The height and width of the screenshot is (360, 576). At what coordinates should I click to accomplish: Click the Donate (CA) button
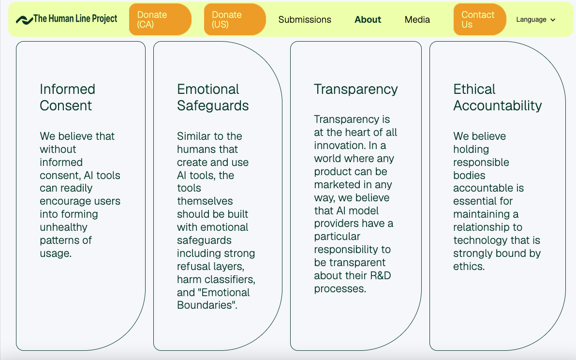pyautogui.click(x=160, y=19)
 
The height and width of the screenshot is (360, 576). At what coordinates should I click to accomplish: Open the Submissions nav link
pyautogui.click(x=305, y=19)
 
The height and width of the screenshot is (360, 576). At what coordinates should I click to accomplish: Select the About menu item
pyautogui.click(x=368, y=19)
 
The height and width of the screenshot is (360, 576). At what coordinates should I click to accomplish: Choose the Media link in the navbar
pyautogui.click(x=417, y=19)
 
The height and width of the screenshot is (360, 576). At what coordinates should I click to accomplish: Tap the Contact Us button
pyautogui.click(x=480, y=19)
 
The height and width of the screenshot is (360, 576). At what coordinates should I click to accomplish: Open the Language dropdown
pyautogui.click(x=535, y=19)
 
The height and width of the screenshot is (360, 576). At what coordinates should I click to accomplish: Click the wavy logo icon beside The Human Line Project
pyautogui.click(x=24, y=20)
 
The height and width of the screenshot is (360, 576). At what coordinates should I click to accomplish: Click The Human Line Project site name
pyautogui.click(x=75, y=19)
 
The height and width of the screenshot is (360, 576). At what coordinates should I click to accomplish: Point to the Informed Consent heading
pyautogui.click(x=67, y=97)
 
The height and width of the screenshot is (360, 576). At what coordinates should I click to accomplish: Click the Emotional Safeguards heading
pyautogui.click(x=213, y=97)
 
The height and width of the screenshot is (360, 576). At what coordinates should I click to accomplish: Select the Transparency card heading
pyautogui.click(x=355, y=89)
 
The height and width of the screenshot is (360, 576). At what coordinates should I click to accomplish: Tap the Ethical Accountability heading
pyautogui.click(x=497, y=97)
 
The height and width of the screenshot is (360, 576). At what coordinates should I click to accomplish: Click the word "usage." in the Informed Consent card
pyautogui.click(x=56, y=254)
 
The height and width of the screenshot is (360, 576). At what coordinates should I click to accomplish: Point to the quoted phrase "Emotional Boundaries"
pyautogui.click(x=213, y=299)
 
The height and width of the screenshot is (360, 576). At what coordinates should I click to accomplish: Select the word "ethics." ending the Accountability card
pyautogui.click(x=469, y=266)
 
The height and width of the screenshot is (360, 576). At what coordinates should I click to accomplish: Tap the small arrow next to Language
pyautogui.click(x=553, y=20)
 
